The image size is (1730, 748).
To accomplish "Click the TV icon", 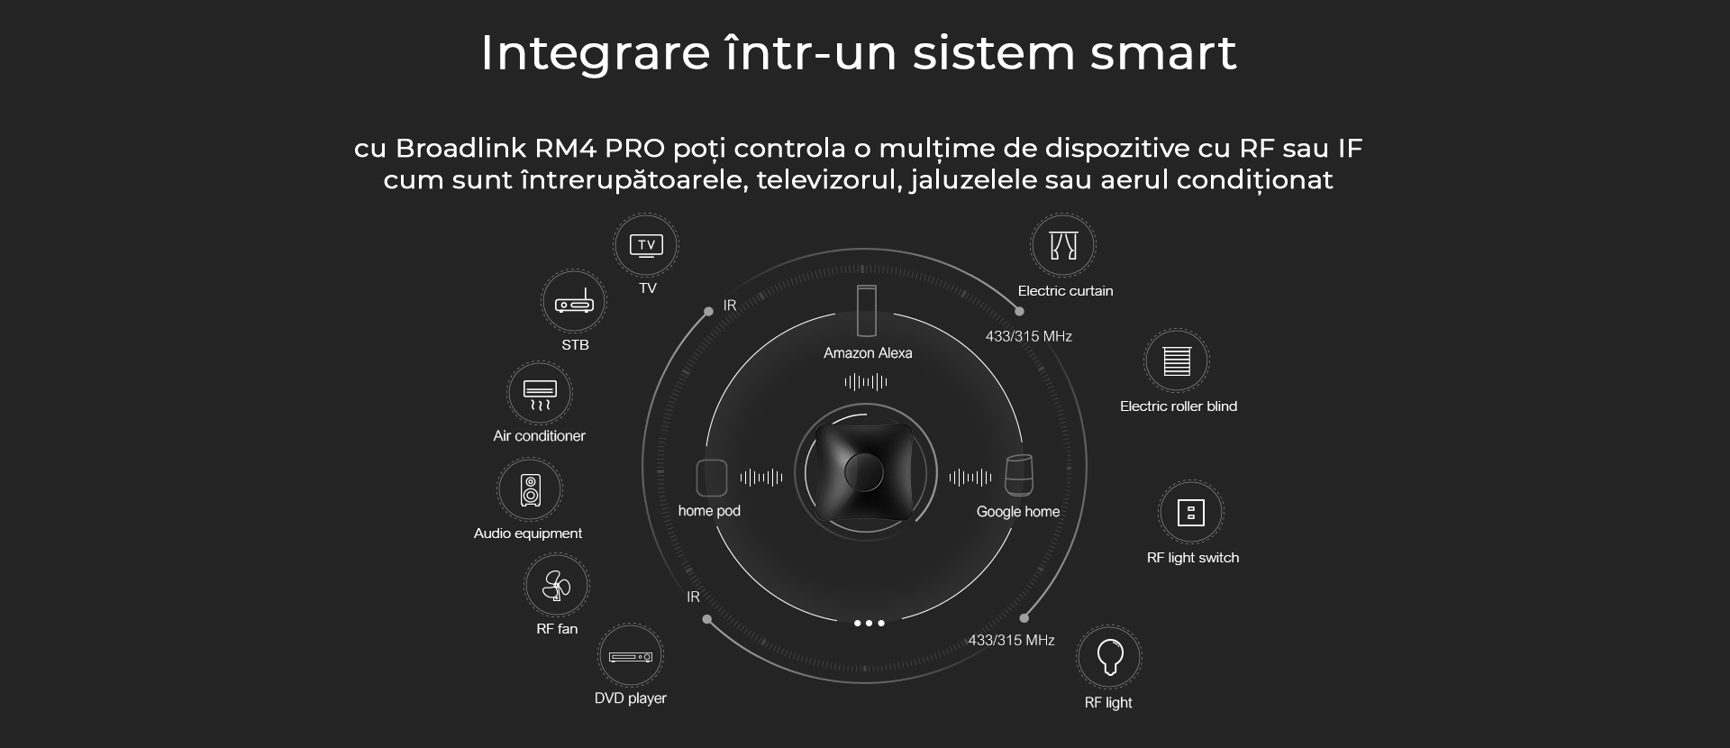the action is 646,245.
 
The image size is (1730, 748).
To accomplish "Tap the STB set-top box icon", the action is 574,303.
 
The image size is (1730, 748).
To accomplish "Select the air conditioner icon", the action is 540,394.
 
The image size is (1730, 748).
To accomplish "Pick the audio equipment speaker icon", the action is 530,489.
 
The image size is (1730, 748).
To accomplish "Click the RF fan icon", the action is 557,586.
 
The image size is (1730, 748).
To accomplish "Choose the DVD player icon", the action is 631,656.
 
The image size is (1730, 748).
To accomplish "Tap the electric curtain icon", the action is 1063,245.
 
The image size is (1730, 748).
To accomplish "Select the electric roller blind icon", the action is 1177,360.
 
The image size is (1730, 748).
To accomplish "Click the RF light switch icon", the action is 1191,513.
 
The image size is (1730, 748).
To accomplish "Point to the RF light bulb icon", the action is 1109,657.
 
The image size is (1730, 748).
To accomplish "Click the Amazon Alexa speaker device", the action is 867,311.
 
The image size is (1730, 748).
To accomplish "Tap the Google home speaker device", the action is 1019,475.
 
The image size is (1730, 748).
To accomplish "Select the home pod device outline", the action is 712,478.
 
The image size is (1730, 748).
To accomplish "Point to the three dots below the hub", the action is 869,623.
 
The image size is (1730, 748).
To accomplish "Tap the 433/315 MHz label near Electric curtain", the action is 1028,336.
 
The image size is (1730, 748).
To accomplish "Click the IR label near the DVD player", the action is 693,597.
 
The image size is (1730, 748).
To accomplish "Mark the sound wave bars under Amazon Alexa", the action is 866,382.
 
